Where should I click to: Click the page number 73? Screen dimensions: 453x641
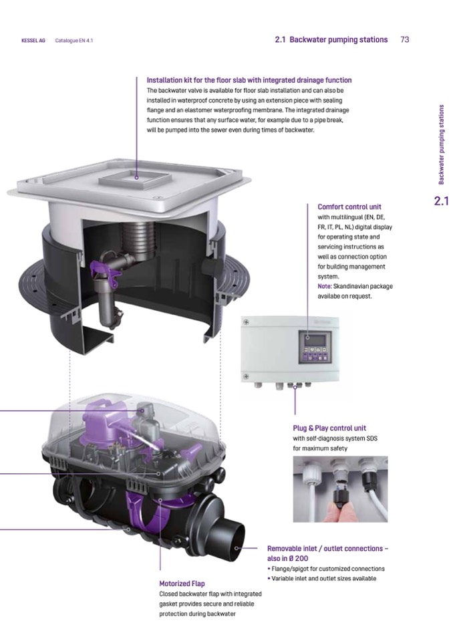point(405,39)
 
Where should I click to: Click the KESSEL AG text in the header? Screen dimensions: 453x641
point(33,41)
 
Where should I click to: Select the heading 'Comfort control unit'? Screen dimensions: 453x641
point(349,207)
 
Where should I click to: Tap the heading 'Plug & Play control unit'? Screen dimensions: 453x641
point(329,428)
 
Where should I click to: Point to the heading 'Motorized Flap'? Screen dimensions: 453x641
point(182,584)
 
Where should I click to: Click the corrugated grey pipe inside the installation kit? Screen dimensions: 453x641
point(139,238)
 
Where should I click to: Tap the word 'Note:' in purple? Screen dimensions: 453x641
point(324,286)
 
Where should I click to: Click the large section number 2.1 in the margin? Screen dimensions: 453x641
point(441,201)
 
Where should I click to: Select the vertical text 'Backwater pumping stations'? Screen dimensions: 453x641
point(441,145)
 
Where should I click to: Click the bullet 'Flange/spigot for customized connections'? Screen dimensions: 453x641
point(325,569)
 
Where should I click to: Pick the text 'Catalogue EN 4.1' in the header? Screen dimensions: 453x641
point(74,41)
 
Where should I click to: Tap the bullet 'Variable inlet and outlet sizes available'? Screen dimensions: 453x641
point(322,578)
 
